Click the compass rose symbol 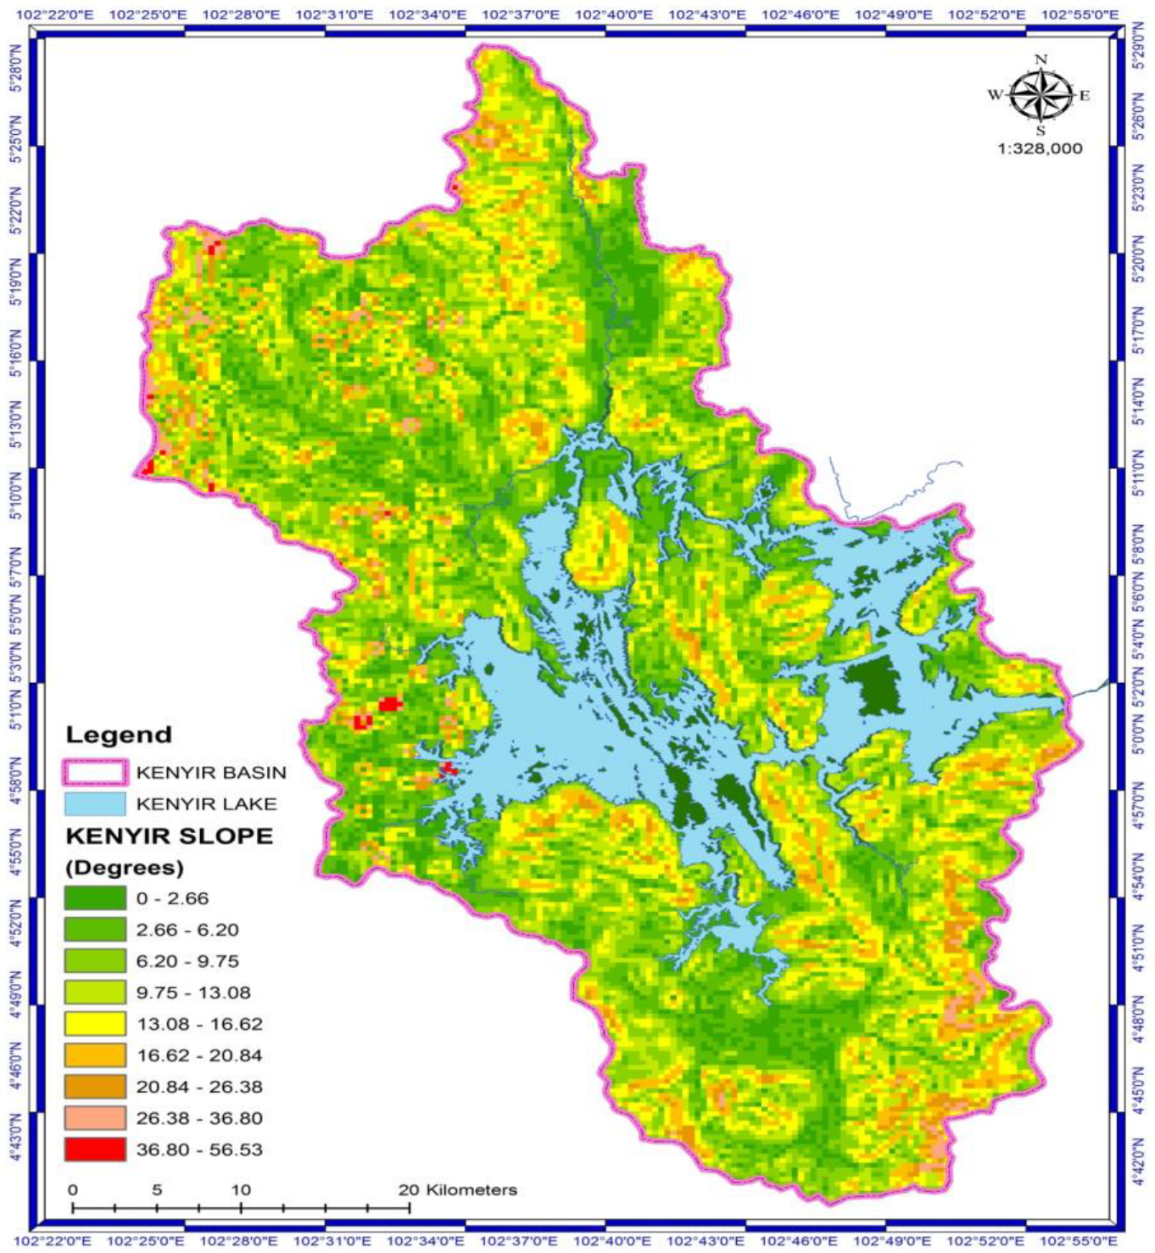1041,94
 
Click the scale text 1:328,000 1040,148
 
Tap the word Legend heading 119,735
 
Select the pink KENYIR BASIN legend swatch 95,772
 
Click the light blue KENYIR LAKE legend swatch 95,803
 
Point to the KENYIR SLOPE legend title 170,836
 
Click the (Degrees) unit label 125,867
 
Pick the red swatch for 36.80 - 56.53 95,1150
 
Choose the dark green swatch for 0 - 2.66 95,898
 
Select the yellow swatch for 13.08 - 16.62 95,1024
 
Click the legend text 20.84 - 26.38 199,1087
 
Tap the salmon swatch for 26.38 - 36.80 95,1118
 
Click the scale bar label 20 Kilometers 458,1189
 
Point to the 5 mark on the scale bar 157,1189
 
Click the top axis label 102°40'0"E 613,14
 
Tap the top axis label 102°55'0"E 1079,14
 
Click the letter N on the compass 1041,59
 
